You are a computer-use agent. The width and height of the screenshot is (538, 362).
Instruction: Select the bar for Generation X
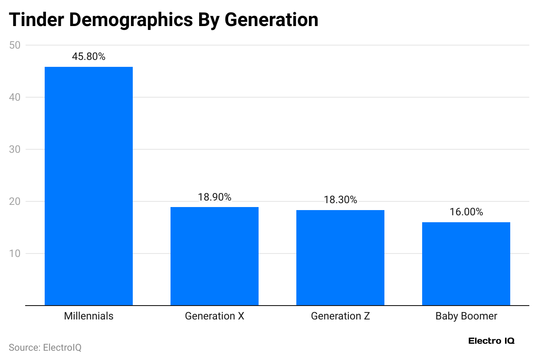214,256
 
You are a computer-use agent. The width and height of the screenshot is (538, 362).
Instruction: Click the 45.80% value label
89,56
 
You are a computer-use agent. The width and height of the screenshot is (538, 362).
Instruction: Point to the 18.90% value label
214,197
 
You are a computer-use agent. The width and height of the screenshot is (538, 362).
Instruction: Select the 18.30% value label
340,200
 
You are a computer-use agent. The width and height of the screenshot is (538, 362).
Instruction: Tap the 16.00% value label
466,212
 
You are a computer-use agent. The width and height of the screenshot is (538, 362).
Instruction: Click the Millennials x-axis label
89,316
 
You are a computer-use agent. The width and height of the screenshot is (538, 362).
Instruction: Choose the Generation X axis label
214,316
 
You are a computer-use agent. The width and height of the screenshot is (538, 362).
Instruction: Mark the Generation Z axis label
340,316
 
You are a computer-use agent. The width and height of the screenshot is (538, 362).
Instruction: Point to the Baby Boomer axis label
466,316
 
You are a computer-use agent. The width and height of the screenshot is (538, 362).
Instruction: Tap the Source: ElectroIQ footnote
45,348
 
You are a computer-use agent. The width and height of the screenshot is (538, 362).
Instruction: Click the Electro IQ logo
491,341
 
